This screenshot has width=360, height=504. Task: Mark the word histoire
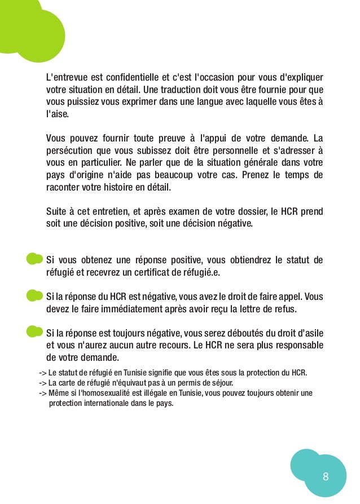click(x=134, y=187)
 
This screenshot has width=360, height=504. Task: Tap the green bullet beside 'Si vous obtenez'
click(x=34, y=259)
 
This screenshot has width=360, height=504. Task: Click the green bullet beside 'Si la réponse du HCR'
click(x=34, y=295)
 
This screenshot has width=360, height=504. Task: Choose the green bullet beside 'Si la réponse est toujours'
click(x=34, y=331)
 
